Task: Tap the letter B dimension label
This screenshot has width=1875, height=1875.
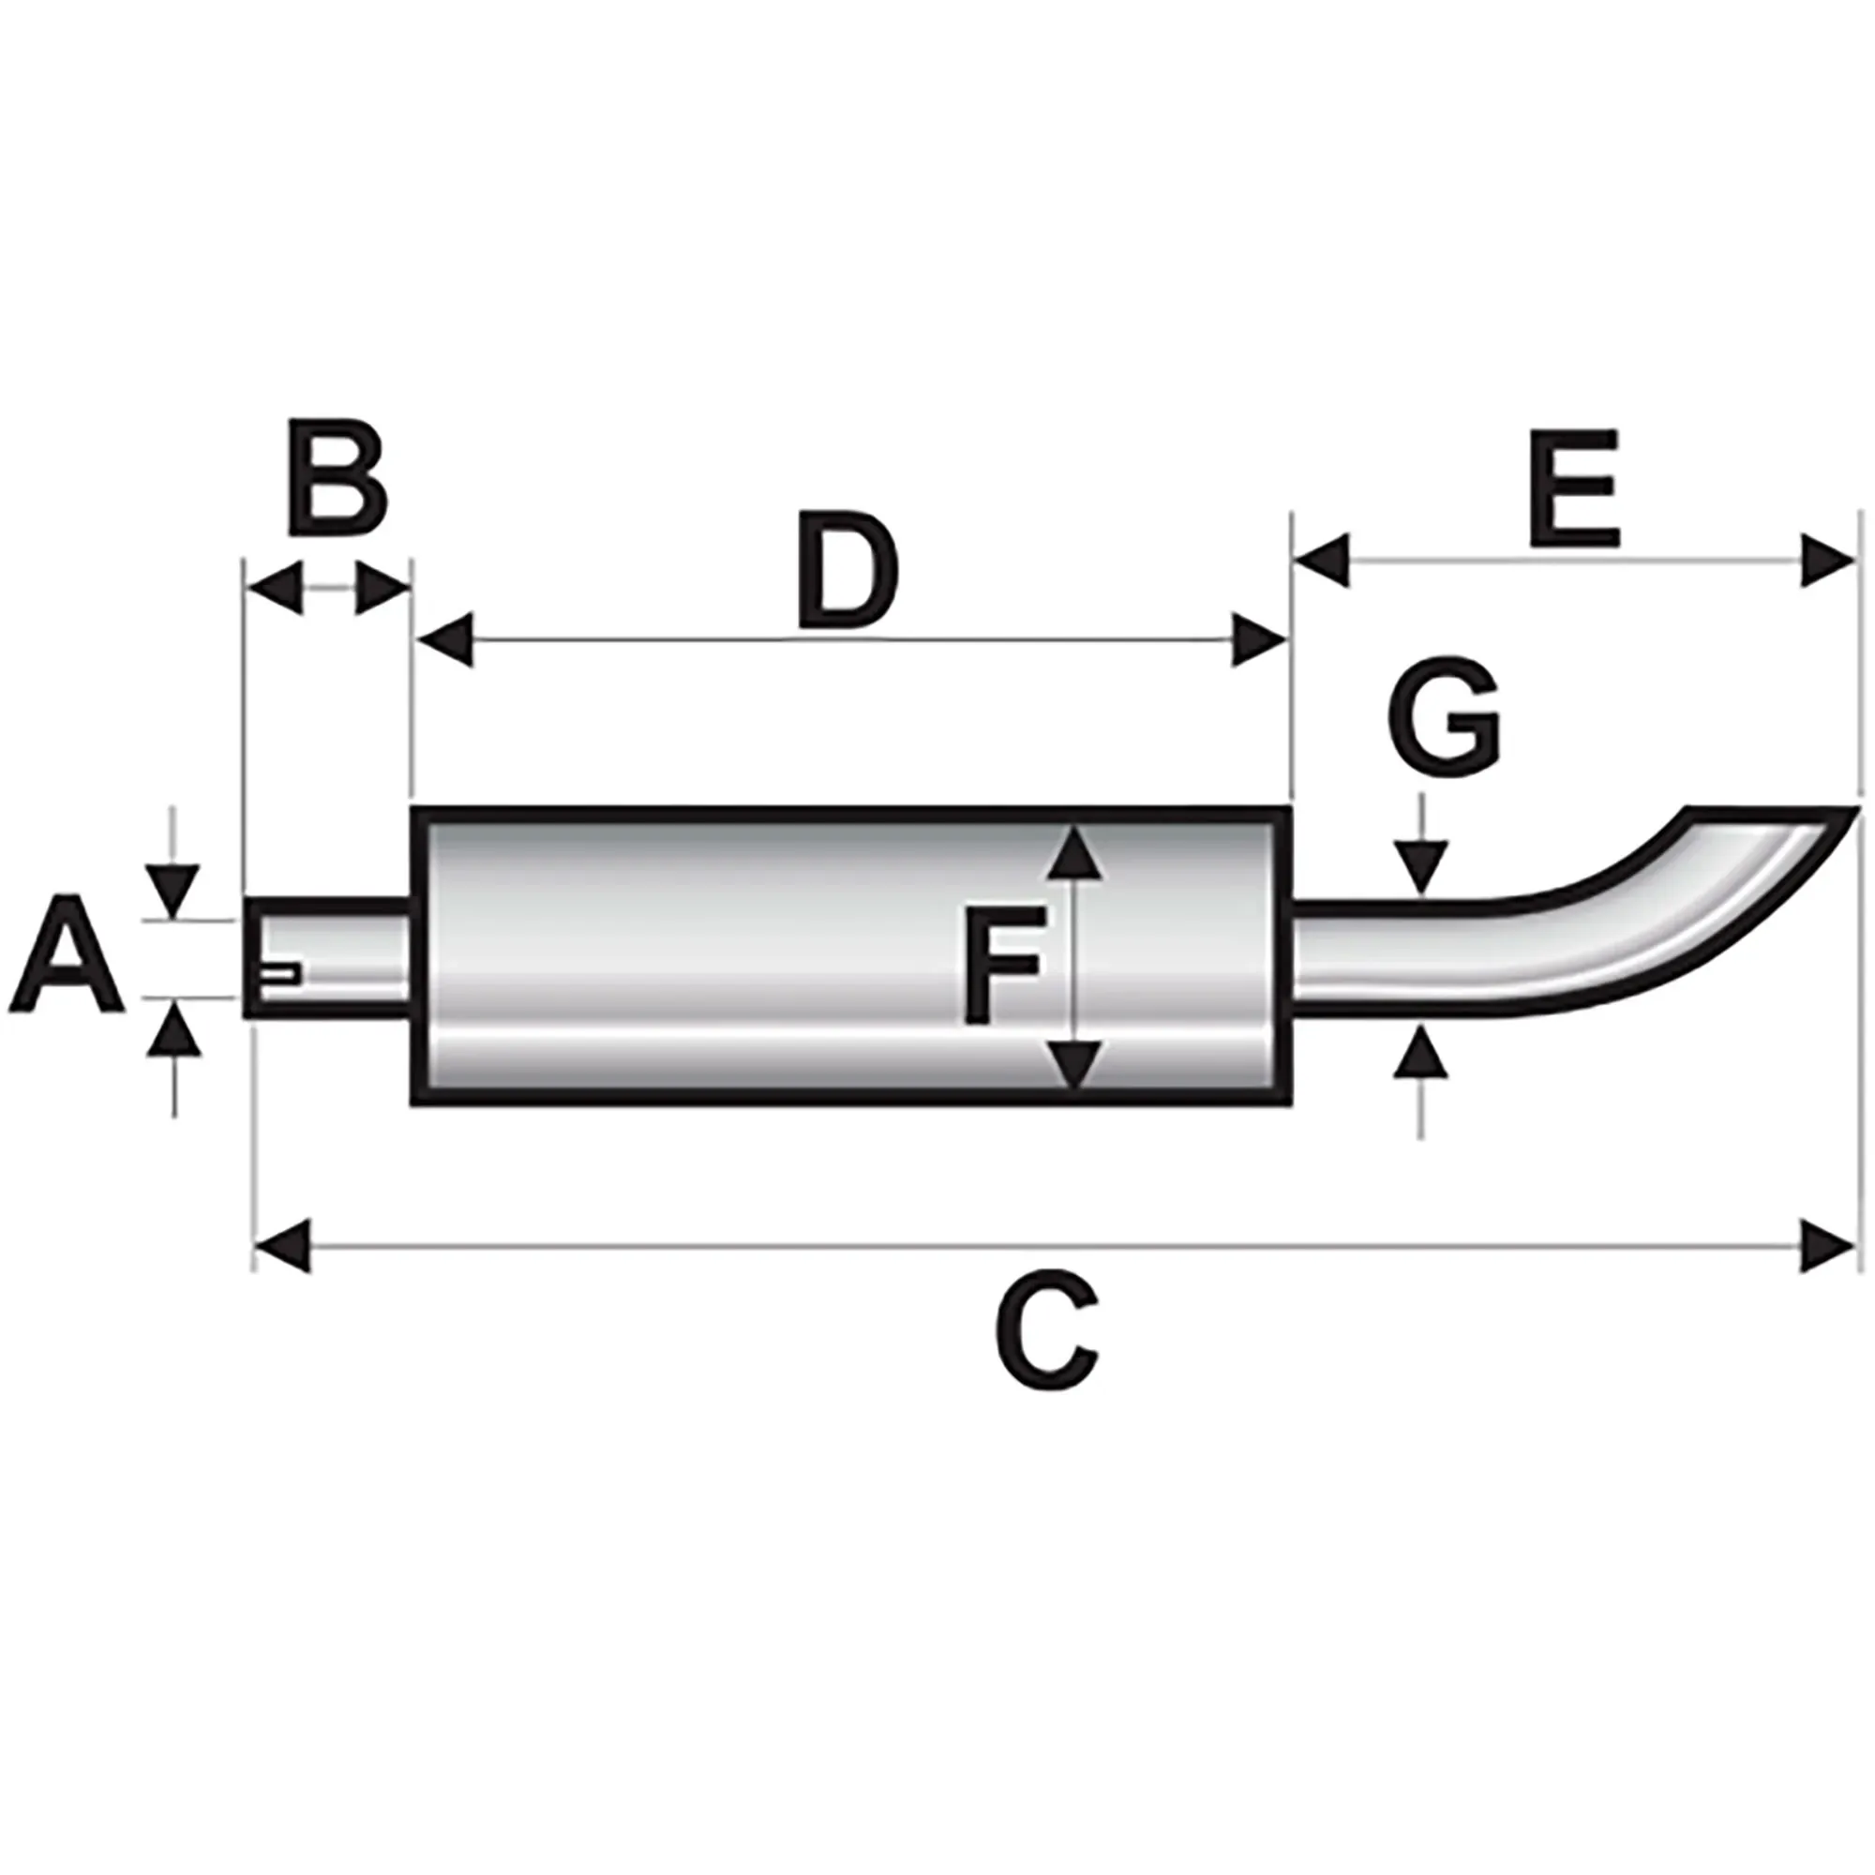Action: point(337,477)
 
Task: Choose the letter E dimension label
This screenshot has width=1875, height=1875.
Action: point(1573,488)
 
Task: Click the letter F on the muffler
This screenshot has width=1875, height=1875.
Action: point(1003,965)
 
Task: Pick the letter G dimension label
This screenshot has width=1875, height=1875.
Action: point(1443,719)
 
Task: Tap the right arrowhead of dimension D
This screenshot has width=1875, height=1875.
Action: point(1259,640)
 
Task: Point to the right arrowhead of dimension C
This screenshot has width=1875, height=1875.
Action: point(1826,1247)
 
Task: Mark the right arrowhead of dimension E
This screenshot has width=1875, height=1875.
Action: point(1826,560)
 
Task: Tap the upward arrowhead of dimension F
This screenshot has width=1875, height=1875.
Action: point(1074,851)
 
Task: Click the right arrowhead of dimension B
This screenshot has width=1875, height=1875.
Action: point(382,587)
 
